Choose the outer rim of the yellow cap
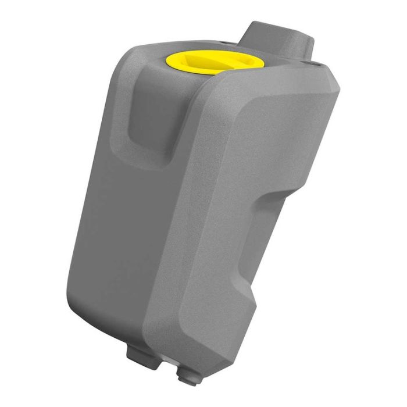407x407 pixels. click(174, 65)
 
